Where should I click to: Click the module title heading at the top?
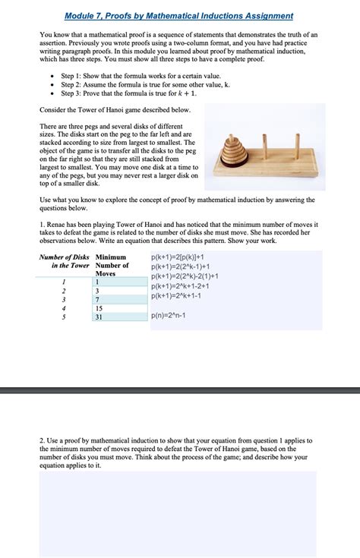[x=179, y=15]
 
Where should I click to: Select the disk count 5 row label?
[x=64, y=317]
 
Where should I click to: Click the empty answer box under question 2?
[x=179, y=512]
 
